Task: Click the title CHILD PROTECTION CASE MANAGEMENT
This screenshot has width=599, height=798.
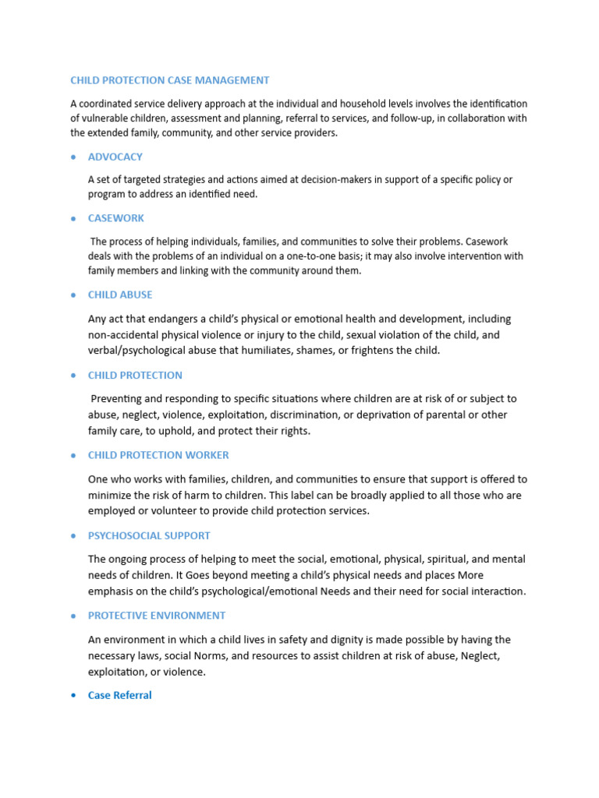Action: [x=169, y=80]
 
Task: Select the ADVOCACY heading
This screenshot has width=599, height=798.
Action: [x=115, y=157]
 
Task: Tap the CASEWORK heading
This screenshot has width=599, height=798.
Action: [x=115, y=218]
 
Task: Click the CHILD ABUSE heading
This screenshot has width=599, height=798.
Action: [x=120, y=295]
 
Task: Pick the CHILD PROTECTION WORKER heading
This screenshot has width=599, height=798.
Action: [x=158, y=455]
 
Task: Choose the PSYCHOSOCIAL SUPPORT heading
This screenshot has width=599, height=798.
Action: [x=149, y=535]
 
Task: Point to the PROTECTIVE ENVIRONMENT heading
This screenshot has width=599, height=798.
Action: [x=157, y=616]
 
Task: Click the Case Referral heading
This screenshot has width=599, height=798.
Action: [x=119, y=695]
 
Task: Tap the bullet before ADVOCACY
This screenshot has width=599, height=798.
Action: [x=73, y=157]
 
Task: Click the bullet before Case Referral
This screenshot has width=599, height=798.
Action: [x=73, y=696]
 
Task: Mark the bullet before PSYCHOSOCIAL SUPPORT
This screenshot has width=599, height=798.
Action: [x=73, y=536]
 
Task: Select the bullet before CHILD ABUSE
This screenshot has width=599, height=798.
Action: [x=73, y=295]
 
